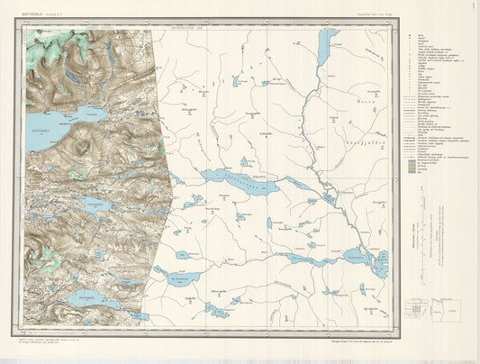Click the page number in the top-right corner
pyautogui.click(x=471, y=5)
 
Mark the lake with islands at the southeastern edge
pyautogui.click(x=378, y=262)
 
